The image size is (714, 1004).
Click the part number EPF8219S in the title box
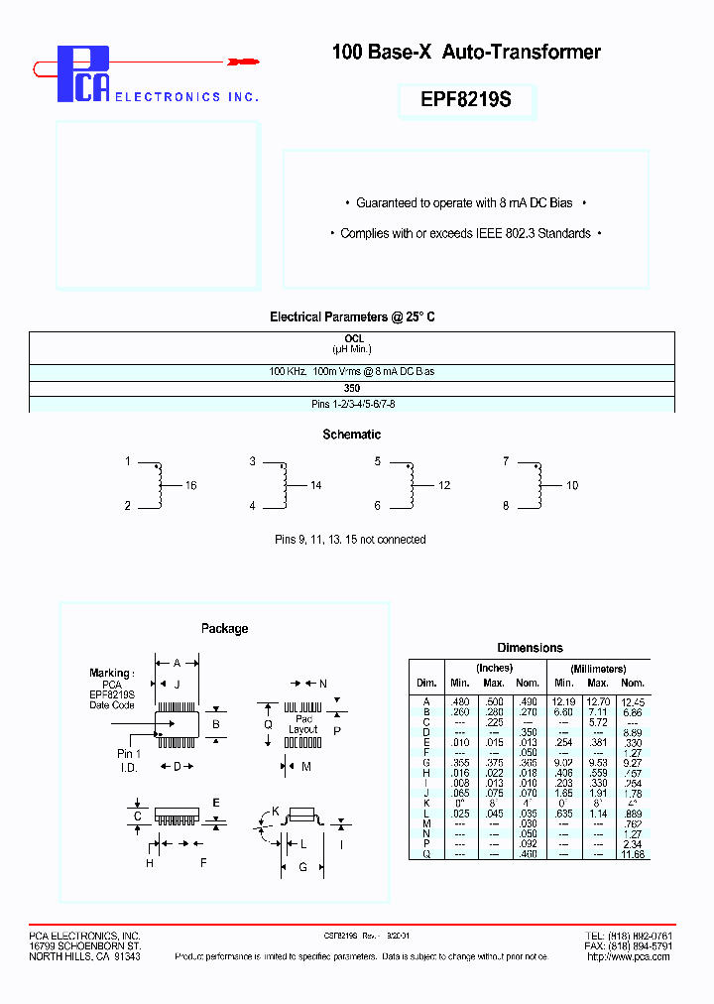coord(466,100)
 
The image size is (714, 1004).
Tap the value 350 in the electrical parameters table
coord(352,389)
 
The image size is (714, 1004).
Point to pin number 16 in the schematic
coord(191,485)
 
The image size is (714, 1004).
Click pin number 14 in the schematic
coord(316,485)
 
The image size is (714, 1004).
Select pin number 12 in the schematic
coord(443,485)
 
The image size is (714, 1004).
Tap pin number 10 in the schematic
coord(572,485)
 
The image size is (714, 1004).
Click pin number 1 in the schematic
coord(128,461)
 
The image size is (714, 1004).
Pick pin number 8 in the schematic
coord(506,505)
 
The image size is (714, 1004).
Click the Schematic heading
coord(351,435)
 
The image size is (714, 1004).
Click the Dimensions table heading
coord(530,648)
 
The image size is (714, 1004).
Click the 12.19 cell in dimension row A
coord(563,701)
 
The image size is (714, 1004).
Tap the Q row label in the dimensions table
coord(425,853)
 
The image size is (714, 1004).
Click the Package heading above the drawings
coord(224,628)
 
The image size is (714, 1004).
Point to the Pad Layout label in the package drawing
coord(302,723)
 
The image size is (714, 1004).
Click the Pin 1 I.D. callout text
coord(129,760)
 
